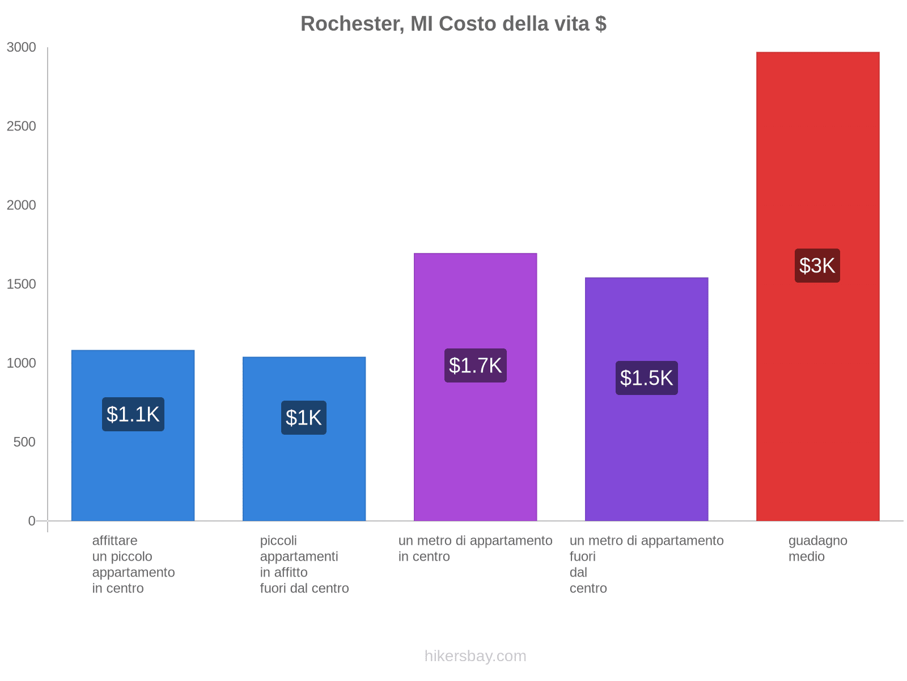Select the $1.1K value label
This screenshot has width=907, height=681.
point(133,414)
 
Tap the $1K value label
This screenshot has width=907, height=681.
point(304,418)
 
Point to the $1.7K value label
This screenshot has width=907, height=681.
point(475,365)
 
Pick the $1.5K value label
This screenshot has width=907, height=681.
point(646,378)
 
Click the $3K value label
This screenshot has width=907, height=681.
point(817,266)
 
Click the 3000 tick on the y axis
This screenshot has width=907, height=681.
point(22,48)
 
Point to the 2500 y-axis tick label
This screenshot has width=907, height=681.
point(22,127)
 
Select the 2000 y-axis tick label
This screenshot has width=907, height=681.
point(22,205)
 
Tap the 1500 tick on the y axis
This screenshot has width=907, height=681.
point(22,284)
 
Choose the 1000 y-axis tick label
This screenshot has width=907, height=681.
point(22,363)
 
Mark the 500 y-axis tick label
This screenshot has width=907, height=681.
point(25,442)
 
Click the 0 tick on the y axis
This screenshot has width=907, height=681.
point(32,521)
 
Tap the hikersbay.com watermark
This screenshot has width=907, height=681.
point(475,656)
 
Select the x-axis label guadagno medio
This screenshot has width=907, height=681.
point(817,548)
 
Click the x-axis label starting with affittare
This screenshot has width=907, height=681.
point(133,564)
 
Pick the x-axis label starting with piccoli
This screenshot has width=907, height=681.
point(304,564)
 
